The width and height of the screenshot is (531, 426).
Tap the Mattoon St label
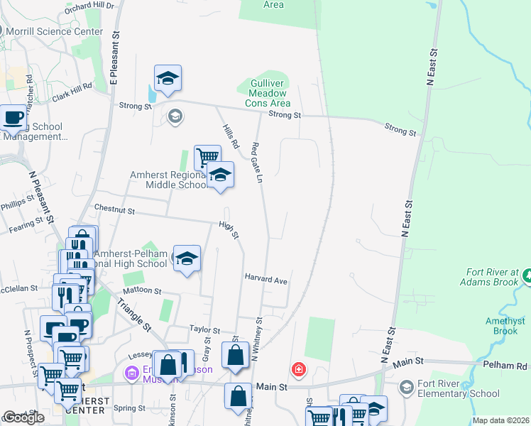pyautogui.click(x=142, y=290)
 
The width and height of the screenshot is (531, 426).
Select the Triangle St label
pyautogui.click(x=134, y=312)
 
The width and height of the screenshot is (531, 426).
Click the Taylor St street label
pyautogui.click(x=207, y=329)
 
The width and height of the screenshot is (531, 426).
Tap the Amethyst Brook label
pyautogui.click(x=506, y=326)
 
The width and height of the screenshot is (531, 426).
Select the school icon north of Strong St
pyautogui.click(x=168, y=79)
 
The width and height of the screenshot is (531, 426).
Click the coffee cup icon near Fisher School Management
pyautogui.click(x=13, y=118)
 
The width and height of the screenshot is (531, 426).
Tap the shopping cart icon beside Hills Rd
pyautogui.click(x=207, y=157)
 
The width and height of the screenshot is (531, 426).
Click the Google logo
pyautogui.click(x=23, y=417)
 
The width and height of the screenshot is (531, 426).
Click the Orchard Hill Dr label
pyautogui.click(x=89, y=5)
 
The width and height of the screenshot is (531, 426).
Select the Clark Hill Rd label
pyautogui.click(x=72, y=86)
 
